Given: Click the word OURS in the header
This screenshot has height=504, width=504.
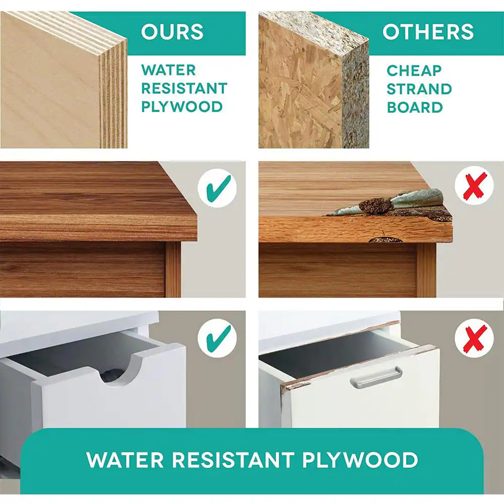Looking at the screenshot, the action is pos(172,31).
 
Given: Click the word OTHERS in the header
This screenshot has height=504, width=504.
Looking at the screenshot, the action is pos(428,31).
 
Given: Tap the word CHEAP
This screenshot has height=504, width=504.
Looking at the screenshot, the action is pos(414,71).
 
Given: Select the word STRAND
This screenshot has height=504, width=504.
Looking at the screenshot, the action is pos(419,89).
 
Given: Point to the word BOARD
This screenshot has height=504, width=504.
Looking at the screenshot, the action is pos(415,107).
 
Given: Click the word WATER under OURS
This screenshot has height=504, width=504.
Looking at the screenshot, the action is pos(168,70).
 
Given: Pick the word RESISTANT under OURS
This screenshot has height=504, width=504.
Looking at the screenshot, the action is pos(184,88).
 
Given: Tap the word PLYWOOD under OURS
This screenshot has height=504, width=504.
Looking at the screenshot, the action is pos(182,107).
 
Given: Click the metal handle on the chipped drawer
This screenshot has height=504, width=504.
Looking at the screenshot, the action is pos(376,376).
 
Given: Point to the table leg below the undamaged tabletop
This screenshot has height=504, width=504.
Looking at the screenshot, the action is pos(173,269).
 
